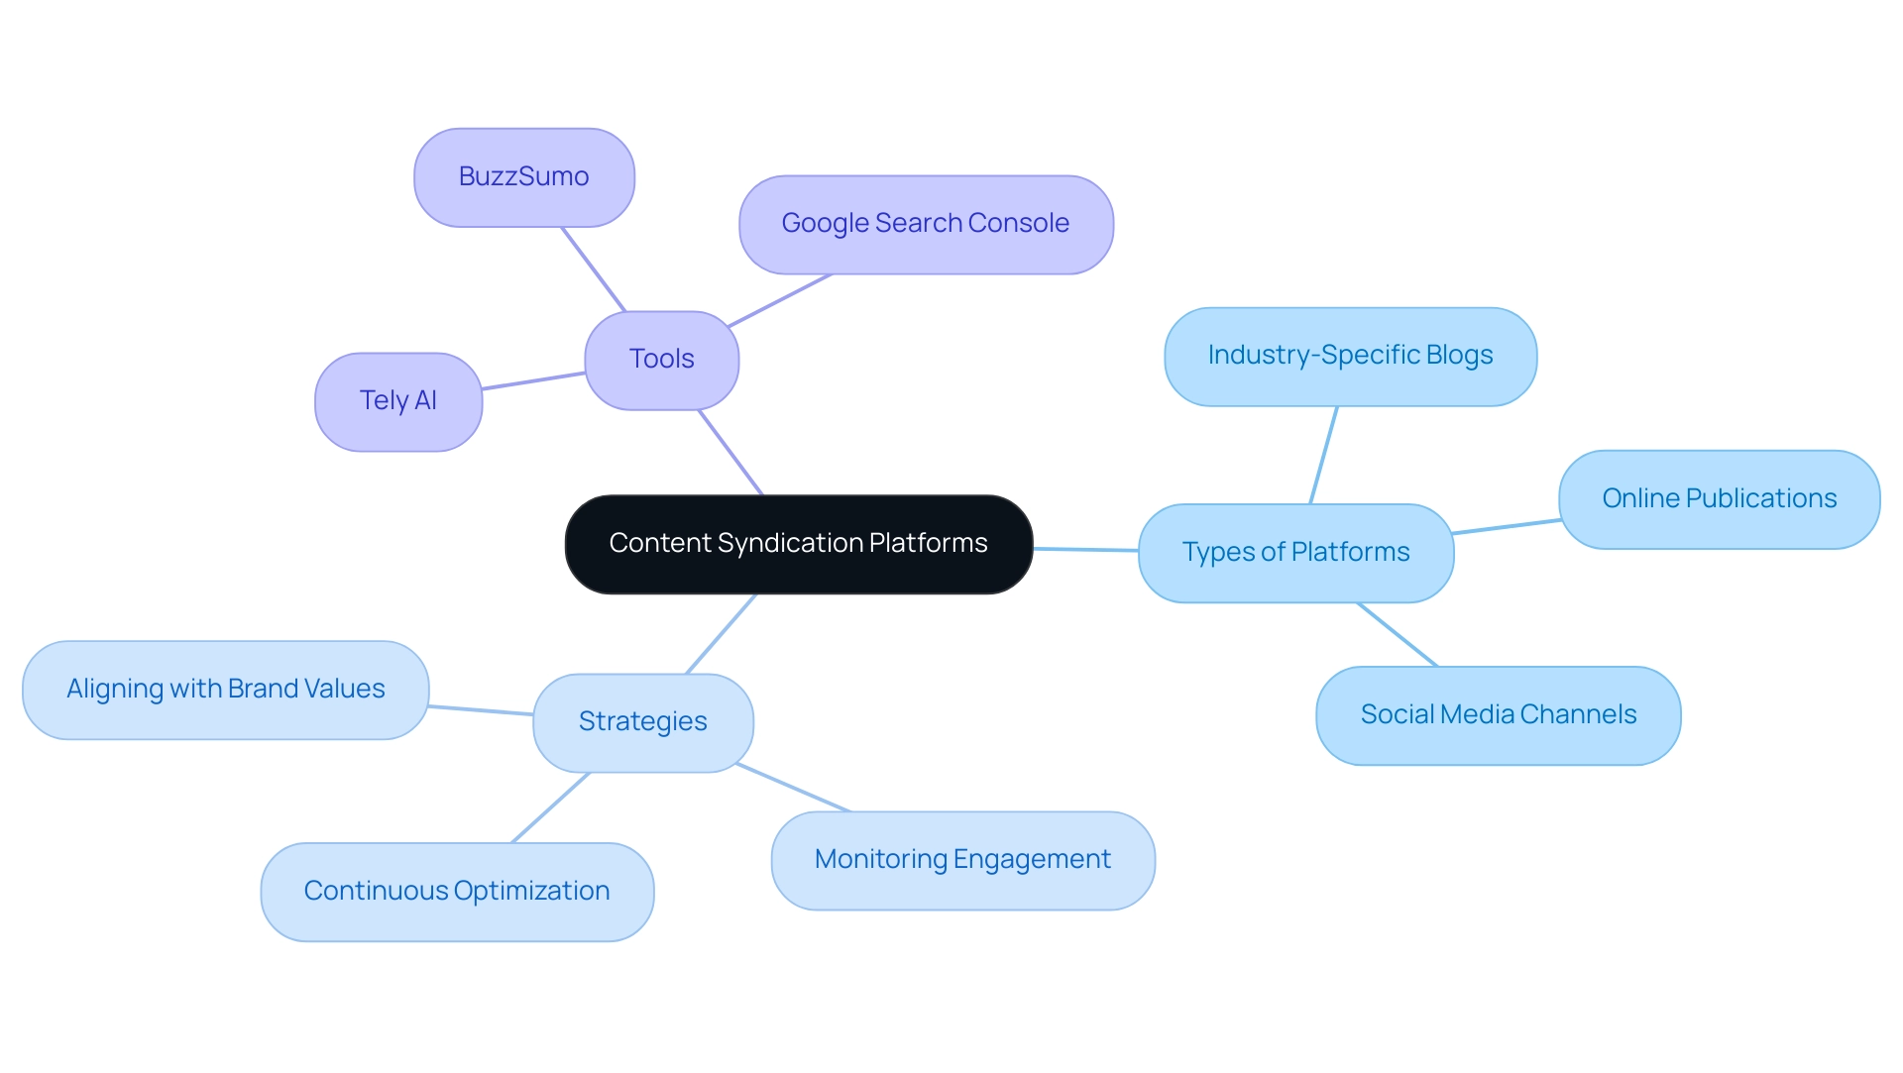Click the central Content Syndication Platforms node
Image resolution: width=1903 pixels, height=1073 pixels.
click(798, 544)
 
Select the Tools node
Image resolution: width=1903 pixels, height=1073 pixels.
click(661, 360)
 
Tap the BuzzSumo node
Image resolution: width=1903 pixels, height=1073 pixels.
click(523, 177)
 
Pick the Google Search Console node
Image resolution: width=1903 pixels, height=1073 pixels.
click(925, 225)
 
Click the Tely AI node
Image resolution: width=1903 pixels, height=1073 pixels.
click(397, 401)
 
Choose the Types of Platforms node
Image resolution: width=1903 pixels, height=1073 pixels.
click(1295, 553)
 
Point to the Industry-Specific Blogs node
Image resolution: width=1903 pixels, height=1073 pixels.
click(1350, 356)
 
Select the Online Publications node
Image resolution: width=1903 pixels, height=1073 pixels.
click(1719, 499)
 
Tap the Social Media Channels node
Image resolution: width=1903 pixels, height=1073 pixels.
click(1498, 715)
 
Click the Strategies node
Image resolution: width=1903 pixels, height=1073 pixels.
click(642, 722)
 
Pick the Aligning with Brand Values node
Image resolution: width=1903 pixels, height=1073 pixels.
click(225, 690)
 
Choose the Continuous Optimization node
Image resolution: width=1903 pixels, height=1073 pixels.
click(456, 892)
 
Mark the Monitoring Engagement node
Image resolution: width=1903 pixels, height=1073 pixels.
click(962, 860)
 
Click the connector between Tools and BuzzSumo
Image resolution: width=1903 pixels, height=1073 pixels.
click(594, 269)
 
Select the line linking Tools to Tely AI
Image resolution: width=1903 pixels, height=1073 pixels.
click(533, 380)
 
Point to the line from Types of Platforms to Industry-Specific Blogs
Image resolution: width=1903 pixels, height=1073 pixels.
click(1324, 455)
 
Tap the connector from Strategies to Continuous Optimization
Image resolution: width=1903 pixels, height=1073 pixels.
click(551, 807)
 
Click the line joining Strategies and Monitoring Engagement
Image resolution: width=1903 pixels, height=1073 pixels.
click(793, 788)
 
